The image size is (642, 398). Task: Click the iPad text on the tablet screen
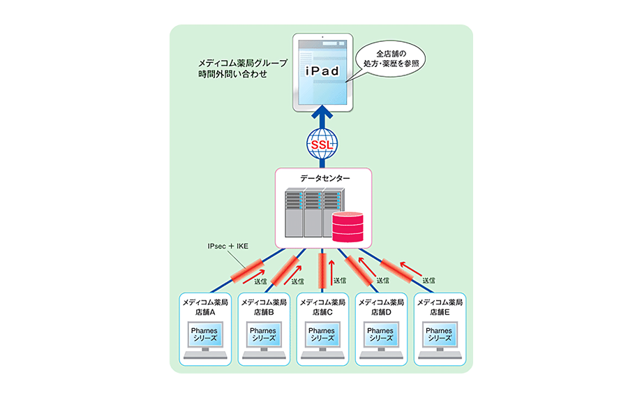(x=322, y=71)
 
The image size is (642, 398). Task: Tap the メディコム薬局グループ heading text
(x=242, y=63)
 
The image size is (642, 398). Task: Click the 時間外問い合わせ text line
(x=232, y=73)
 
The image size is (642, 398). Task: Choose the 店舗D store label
(x=380, y=312)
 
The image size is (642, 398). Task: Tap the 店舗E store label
(x=439, y=312)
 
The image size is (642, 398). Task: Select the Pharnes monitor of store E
(x=439, y=335)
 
